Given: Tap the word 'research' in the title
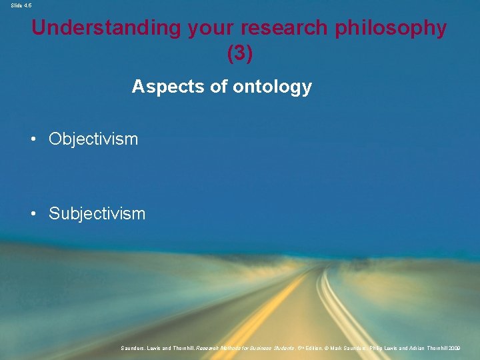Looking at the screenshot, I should (275, 28).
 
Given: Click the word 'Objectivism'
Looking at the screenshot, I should (93, 139).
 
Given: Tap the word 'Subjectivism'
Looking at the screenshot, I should (97, 214).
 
